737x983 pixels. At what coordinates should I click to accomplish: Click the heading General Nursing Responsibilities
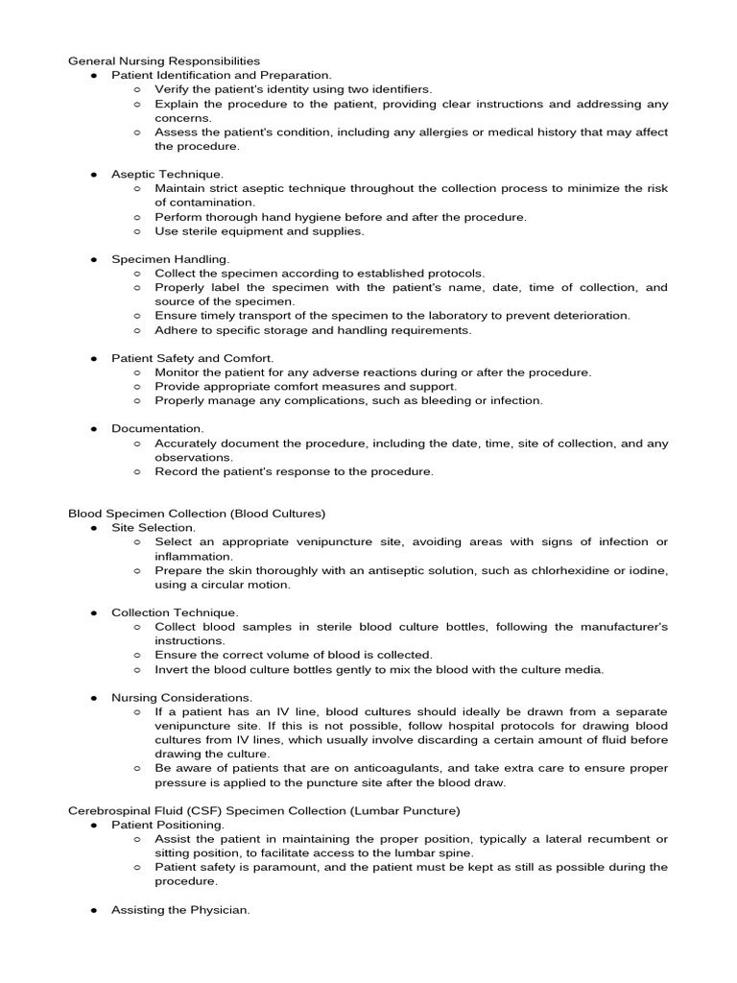pyautogui.click(x=163, y=60)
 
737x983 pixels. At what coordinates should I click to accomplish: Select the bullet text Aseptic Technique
pyautogui.click(x=167, y=175)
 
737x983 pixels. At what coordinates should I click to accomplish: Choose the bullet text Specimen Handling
pyautogui.click(x=170, y=259)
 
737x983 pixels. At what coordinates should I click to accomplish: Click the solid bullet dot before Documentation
pyautogui.click(x=94, y=429)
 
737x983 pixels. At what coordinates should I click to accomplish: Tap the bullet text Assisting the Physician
pyautogui.click(x=180, y=909)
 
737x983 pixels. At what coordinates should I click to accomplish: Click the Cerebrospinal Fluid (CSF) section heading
pyautogui.click(x=264, y=810)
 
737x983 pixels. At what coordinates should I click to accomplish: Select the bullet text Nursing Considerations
pyautogui.click(x=181, y=697)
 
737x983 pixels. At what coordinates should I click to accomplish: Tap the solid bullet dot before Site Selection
pyautogui.click(x=94, y=528)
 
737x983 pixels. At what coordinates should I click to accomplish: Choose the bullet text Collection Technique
pyautogui.click(x=175, y=612)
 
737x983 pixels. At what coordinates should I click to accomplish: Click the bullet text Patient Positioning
pyautogui.click(x=168, y=825)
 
